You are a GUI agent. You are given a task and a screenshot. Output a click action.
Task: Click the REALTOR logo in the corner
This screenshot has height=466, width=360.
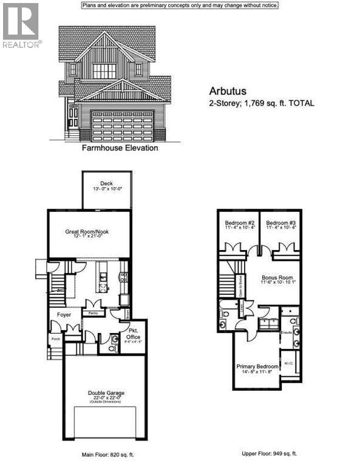point(21,25)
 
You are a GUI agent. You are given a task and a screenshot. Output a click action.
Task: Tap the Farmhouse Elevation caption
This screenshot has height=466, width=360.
point(120,148)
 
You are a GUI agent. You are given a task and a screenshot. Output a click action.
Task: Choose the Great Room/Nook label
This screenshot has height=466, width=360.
point(89,231)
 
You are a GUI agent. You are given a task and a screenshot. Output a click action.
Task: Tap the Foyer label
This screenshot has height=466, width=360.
point(64,315)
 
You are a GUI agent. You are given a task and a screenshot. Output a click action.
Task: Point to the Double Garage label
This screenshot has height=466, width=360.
point(106,393)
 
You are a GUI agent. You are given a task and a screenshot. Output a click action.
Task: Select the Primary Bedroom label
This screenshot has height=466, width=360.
point(257,366)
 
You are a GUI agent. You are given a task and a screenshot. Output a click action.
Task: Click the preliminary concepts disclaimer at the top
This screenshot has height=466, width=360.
point(180,5)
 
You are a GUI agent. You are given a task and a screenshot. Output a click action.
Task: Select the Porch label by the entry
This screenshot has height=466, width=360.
point(56,339)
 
